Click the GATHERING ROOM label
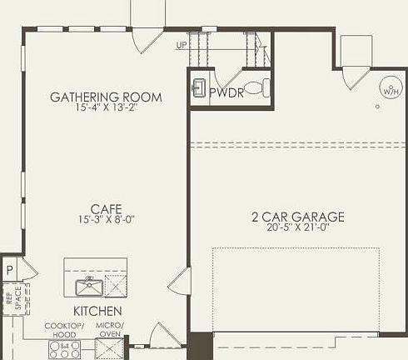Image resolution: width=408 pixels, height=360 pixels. coord(106,97)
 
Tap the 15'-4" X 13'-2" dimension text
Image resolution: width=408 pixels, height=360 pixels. coord(106,108)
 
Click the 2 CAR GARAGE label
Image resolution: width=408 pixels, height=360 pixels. coord(297,217)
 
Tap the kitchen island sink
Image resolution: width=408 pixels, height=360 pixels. coord(87,288)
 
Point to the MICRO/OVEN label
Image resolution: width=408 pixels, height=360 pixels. coord(110,329)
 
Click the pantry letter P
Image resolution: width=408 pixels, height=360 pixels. coord(9,270)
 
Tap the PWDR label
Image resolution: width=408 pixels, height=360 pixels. coord(226,92)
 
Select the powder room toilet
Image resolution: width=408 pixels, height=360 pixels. coord(260,87)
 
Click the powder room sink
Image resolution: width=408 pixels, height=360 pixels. coord(199,87)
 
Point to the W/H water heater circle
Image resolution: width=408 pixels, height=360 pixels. coord(390,87)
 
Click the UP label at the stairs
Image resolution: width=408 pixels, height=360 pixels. coord(181,46)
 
